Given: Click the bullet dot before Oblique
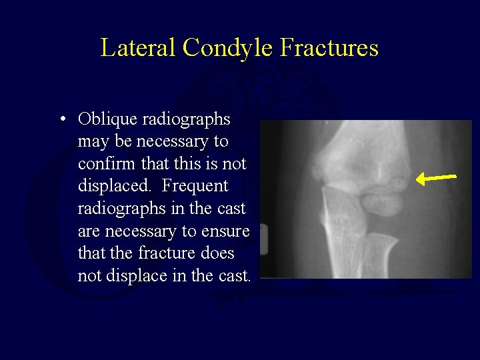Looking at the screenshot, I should (61, 120).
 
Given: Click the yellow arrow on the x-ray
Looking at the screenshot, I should (437, 178).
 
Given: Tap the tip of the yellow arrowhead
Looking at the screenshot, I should (417, 179).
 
